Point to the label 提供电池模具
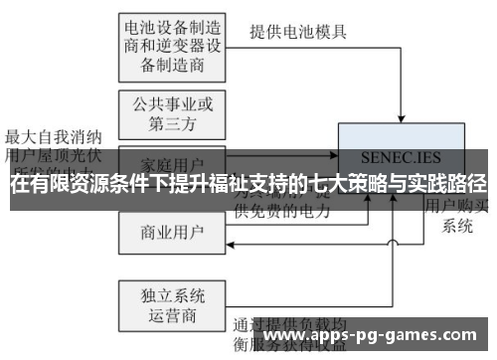tap(297, 31)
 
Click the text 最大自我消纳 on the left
tap(51, 136)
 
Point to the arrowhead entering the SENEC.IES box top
tap(401, 120)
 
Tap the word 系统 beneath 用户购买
tap(458, 226)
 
